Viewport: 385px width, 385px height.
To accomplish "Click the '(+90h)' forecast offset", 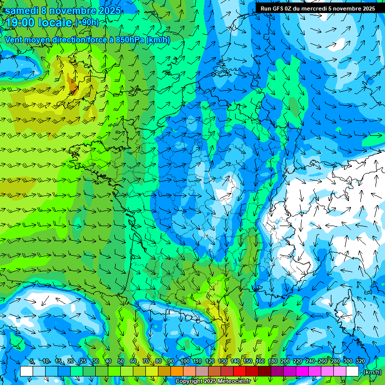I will coord(87,23).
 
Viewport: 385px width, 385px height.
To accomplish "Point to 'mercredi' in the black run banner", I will coord(315,9).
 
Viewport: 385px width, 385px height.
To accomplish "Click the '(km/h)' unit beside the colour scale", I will coord(371,372).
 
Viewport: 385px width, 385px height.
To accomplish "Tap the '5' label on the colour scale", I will coord(32,361).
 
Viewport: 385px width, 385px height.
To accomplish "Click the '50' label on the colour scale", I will coord(120,361).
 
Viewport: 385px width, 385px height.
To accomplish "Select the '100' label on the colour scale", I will coord(184,361).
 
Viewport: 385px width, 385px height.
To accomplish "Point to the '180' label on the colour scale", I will coord(273,361).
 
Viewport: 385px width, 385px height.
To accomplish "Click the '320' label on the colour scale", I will coord(360,361).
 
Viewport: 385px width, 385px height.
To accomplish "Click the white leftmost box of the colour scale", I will coord(27,371).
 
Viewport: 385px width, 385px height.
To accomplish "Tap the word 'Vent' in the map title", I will coord(14,40).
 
